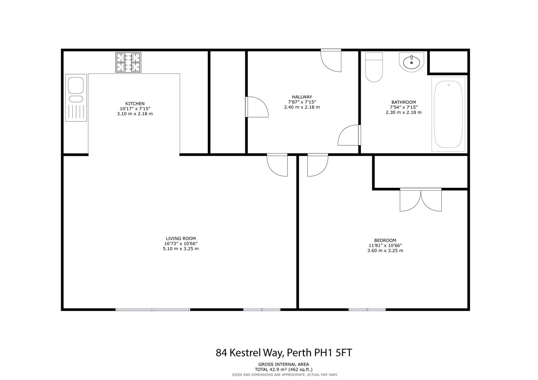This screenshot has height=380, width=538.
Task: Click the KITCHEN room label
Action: (135, 104)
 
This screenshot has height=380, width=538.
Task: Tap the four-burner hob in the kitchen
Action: (128, 62)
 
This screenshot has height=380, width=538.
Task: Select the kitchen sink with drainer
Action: (76, 98)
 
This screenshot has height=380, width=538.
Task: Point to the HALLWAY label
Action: (302, 97)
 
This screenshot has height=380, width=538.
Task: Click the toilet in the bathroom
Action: (374, 67)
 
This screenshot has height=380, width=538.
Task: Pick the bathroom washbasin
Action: (412, 62)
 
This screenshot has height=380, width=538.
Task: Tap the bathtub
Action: (448, 114)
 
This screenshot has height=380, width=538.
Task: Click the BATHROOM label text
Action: (403, 102)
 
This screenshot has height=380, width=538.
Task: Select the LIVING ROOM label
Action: (181, 239)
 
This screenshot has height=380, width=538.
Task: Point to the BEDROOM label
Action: (385, 240)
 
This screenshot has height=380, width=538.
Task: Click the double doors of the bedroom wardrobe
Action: (421, 200)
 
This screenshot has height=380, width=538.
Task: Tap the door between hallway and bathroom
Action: (349, 135)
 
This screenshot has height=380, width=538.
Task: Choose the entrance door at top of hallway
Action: (331, 61)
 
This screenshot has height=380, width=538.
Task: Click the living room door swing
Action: (277, 165)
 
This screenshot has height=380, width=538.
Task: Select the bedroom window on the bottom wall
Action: (367, 310)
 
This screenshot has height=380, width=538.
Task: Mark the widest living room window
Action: (153, 310)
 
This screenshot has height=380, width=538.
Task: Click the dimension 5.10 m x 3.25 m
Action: (181, 249)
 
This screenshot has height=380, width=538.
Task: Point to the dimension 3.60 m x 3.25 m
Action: (385, 251)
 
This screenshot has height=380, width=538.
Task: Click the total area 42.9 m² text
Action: (283, 370)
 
